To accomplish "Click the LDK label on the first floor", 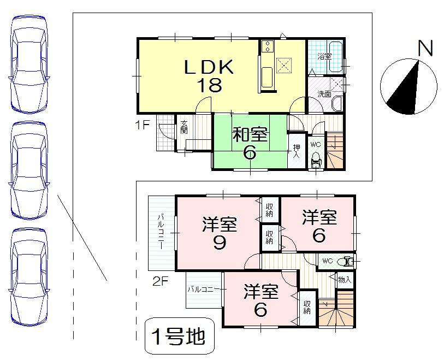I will (209, 67).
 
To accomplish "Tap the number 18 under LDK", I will (209, 85).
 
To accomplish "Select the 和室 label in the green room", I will (249, 134).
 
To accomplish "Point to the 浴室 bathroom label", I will (324, 56).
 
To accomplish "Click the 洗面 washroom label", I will (325, 94).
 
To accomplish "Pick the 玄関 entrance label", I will (184, 129).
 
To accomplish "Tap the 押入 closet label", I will (296, 151).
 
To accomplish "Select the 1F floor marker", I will (143, 124).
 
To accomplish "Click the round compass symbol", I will (410, 87).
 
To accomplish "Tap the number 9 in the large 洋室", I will (220, 242).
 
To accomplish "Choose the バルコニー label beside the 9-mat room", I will (162, 232).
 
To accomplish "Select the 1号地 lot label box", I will (179, 338).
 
